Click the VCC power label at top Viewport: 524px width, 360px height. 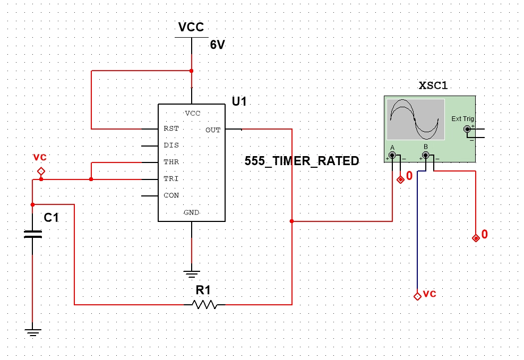point(191,28)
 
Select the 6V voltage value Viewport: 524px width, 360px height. point(218,45)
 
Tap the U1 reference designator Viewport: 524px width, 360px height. point(239,101)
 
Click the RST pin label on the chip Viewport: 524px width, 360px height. point(171,128)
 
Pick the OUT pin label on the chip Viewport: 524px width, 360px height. point(213,130)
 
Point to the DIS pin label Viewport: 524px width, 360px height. point(171,145)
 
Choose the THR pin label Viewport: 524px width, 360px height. point(171,162)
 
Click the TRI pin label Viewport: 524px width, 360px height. point(171,179)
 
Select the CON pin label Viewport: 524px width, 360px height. point(171,195)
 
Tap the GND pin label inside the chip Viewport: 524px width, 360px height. point(191,212)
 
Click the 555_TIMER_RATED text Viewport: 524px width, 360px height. point(302,161)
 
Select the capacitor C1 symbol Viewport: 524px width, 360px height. point(32,234)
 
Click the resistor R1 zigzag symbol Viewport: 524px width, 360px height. point(204,304)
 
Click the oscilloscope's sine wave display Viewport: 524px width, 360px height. point(415,119)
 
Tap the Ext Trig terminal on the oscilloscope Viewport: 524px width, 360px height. point(467,129)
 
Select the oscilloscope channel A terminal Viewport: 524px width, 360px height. point(392,156)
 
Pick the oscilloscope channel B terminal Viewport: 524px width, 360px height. point(425,156)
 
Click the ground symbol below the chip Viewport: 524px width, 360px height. point(192,274)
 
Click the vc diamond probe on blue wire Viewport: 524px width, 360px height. point(417,296)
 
